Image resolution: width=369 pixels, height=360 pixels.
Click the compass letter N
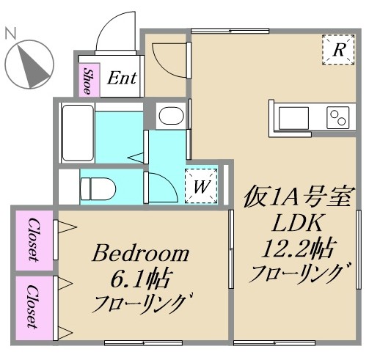click(11, 33)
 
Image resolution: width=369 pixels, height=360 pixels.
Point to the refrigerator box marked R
click(338, 51)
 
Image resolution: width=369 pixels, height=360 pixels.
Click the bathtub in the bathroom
click(76, 133)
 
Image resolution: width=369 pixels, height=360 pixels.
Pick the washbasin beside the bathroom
click(171, 116)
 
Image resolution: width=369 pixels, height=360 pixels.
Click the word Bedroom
click(140, 254)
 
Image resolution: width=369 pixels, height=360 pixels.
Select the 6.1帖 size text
click(140, 279)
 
